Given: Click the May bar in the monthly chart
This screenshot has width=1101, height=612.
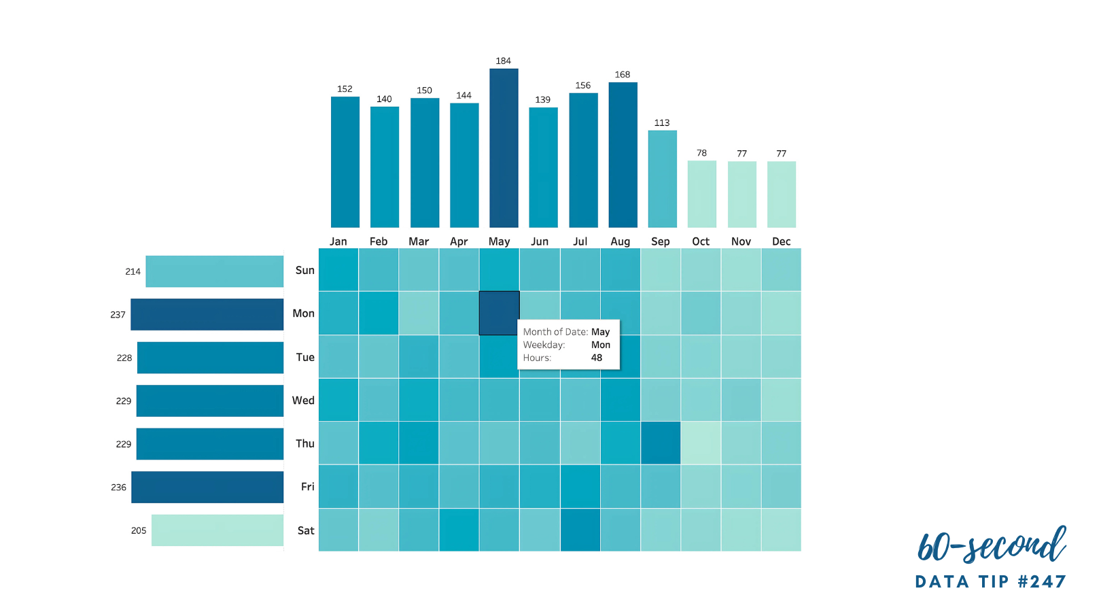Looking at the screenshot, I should pos(504,148).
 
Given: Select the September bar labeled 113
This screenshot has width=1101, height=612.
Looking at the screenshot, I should pos(662,179).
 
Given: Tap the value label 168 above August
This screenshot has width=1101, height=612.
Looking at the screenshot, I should pos(623,75).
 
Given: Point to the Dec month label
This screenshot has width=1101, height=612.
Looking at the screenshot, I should pos(781,241).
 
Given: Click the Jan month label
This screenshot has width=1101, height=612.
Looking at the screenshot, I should pos(338,241).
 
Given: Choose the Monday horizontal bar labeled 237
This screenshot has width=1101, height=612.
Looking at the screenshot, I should pos(207,314).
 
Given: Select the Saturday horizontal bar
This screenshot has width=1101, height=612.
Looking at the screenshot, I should pos(217,530).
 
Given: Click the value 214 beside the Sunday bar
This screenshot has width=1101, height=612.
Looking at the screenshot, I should pos(133,271).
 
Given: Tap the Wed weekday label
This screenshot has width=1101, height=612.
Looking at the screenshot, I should pos(303,401).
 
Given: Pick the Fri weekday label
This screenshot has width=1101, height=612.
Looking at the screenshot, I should pos(307,487).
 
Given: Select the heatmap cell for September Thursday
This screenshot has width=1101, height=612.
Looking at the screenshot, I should pos(661,443).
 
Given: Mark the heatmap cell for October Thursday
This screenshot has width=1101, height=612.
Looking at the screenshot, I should pos(701,443).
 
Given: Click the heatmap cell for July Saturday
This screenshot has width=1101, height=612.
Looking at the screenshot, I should pos(580,530).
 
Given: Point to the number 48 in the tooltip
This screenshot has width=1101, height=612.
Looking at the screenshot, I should pos(597,358).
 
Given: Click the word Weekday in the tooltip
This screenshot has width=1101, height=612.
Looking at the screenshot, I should pos(544,345).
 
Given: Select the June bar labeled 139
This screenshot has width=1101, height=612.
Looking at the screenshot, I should pos(543,167).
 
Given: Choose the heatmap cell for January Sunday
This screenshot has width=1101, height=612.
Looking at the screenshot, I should pos(338,270).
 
